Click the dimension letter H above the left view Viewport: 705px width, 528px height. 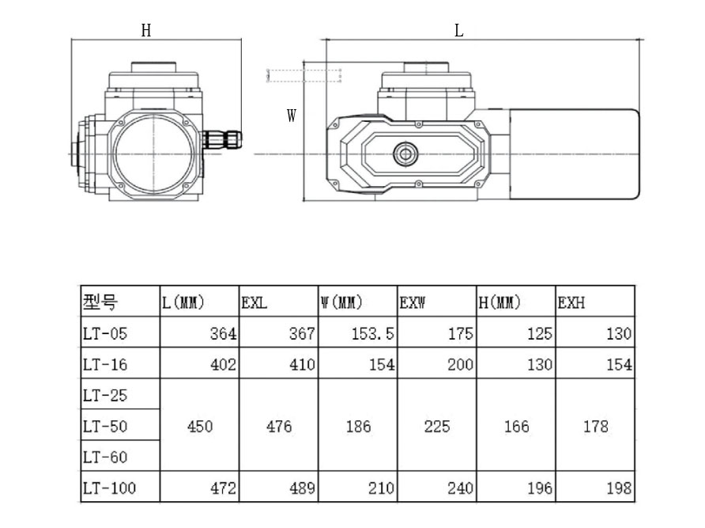coord(146,31)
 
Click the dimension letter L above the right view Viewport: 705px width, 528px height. coord(459,31)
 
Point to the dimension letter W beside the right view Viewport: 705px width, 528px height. coord(292,116)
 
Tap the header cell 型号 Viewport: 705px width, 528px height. coord(100,302)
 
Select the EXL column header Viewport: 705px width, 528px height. coord(254,302)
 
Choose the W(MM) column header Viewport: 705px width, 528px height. coord(341,302)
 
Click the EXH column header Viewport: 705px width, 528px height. coord(571,302)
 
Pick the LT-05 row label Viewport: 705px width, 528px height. coord(104,334)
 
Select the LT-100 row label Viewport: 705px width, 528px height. coord(108,488)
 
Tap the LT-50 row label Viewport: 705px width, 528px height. coord(104,427)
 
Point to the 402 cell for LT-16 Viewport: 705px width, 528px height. coord(223,365)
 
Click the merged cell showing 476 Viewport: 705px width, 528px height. coord(279,427)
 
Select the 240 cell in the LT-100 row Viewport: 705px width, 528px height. coord(460,488)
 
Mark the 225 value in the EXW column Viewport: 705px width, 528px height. coord(437,427)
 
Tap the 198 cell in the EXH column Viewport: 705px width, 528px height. coord(618,488)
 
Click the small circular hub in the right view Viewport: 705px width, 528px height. coord(406,153)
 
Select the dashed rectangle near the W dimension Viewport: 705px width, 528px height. coord(304,75)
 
